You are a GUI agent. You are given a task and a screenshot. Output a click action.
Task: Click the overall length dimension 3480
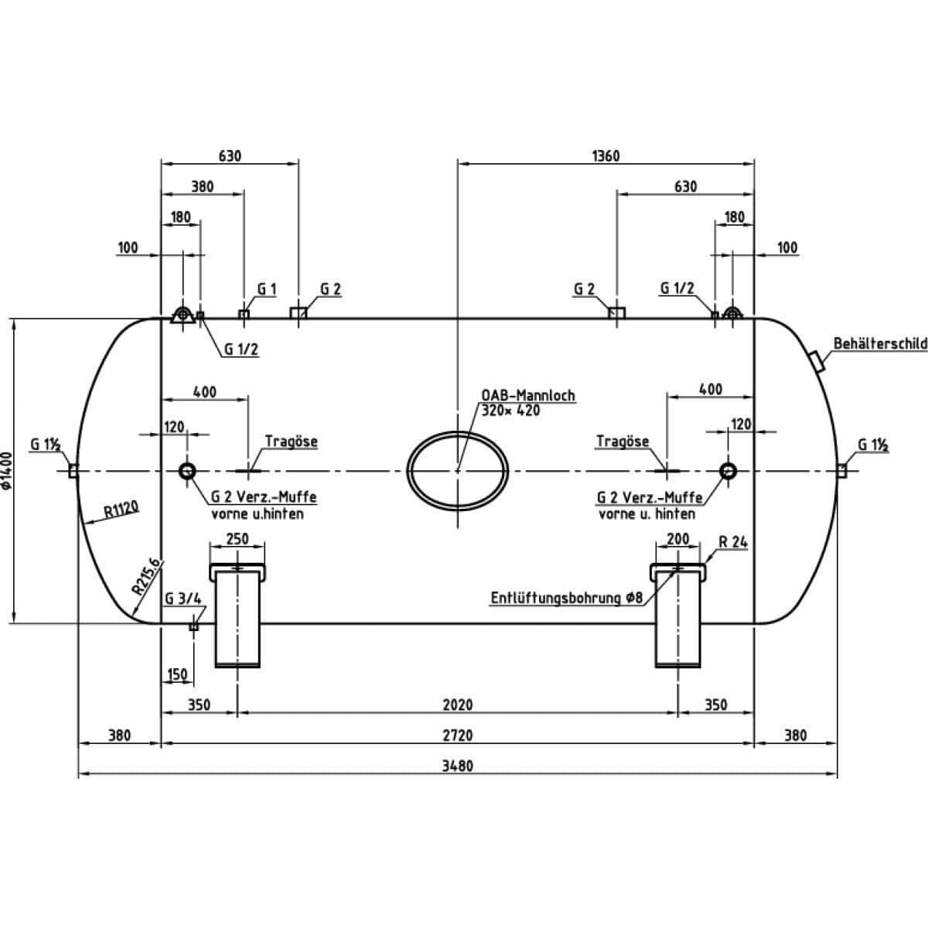[458, 766]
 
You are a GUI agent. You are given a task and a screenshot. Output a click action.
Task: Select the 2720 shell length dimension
[458, 735]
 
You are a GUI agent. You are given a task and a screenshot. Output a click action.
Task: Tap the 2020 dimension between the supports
[458, 705]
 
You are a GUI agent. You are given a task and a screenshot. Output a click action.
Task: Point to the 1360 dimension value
[606, 156]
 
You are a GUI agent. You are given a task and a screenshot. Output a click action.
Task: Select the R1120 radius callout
[121, 510]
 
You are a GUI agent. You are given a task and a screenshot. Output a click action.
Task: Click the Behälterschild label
[880, 343]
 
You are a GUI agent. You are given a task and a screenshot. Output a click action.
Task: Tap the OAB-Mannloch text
[528, 395]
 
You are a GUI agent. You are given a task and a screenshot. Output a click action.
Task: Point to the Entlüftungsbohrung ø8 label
[567, 598]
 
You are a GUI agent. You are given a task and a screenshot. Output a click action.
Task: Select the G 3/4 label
[183, 599]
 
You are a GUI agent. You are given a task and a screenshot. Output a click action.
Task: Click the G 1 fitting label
[267, 289]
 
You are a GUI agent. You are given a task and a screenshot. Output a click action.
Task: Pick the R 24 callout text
[733, 542]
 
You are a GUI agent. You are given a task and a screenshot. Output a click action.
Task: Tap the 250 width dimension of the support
[237, 538]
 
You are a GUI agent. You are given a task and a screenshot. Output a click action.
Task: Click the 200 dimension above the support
[678, 538]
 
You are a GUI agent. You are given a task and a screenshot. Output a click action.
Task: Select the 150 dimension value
[177, 674]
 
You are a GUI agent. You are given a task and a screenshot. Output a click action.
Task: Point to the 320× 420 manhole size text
[511, 411]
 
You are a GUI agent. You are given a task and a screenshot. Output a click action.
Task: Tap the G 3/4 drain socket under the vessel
[193, 626]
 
